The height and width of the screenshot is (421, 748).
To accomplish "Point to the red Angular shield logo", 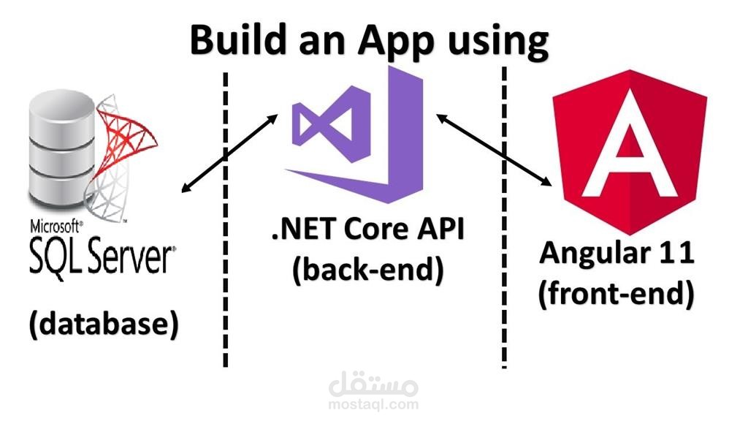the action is (x=630, y=152).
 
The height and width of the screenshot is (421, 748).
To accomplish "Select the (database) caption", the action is (x=104, y=324).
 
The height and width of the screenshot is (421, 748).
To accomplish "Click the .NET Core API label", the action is (x=367, y=229).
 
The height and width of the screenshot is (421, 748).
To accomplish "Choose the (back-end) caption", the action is (x=368, y=270).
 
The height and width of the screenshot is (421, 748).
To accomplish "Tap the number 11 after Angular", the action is (x=679, y=251).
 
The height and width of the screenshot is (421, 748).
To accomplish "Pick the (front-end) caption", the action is (x=617, y=293).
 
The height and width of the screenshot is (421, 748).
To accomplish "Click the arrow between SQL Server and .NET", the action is (x=229, y=153).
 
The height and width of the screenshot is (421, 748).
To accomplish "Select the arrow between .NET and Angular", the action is (x=494, y=150).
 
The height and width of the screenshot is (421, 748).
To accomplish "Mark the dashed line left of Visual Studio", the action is (x=226, y=219).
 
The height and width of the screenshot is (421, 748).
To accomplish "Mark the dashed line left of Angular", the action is (x=504, y=218).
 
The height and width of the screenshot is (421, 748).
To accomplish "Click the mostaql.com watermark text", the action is (x=373, y=405).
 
